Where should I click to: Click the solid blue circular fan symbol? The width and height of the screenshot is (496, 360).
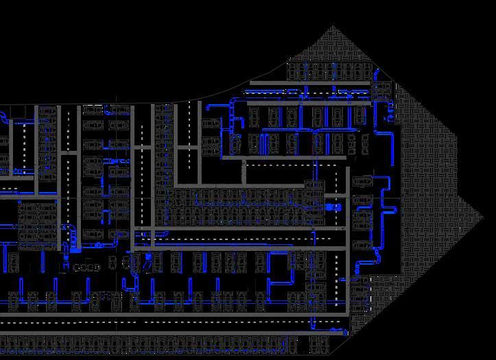click(329, 206)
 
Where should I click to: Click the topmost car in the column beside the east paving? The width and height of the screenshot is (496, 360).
click(363, 182)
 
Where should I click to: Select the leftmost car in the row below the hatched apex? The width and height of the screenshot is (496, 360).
click(294, 71)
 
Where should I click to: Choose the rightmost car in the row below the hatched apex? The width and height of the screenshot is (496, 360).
click(366, 71)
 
